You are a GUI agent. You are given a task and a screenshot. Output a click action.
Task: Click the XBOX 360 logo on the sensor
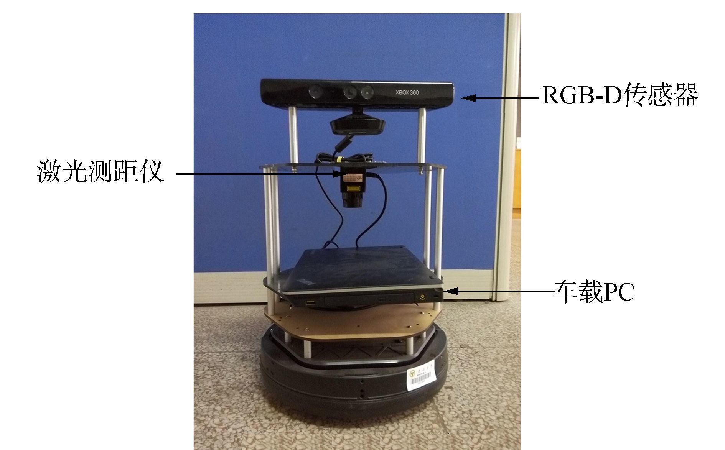(x=406, y=92)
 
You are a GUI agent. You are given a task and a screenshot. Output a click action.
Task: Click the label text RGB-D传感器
(x=620, y=96)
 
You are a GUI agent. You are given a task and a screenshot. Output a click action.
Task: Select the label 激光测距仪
(x=101, y=172)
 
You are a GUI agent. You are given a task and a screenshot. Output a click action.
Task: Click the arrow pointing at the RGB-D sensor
(x=499, y=98)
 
